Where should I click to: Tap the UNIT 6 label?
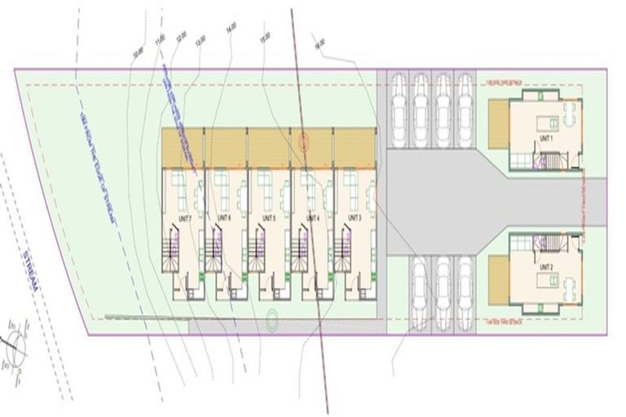[224, 218]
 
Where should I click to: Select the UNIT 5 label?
[268, 218]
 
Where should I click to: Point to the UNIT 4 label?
[311, 218]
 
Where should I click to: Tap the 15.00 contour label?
[263, 37]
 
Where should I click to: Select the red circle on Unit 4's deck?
[305, 141]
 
